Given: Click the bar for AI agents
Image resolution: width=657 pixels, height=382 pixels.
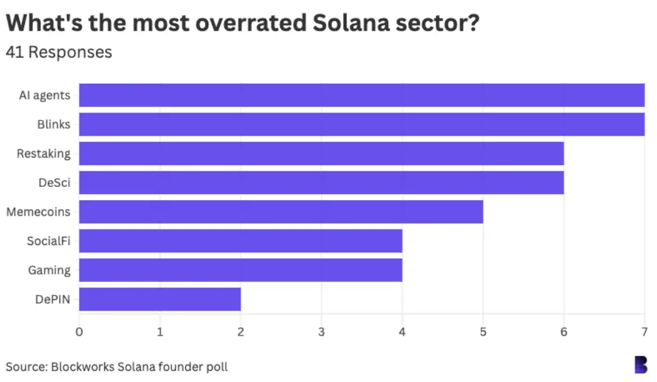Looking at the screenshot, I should click(x=361, y=95).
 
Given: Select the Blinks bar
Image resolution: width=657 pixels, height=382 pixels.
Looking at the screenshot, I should click(x=361, y=124).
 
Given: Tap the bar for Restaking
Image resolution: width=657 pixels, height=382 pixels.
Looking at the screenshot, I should click(x=321, y=153).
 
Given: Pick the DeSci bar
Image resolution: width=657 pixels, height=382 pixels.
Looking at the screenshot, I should click(x=321, y=183).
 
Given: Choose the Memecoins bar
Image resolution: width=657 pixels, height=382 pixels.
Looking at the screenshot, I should click(x=281, y=212).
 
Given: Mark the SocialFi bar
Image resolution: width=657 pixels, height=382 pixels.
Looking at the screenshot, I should click(x=241, y=241).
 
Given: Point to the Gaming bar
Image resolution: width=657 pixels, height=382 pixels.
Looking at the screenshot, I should click(x=241, y=270).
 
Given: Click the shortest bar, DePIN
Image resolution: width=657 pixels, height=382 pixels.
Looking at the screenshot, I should click(x=160, y=299).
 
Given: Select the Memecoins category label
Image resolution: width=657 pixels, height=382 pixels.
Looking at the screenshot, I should click(x=38, y=212).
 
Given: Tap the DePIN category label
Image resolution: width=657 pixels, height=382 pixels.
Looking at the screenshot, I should click(x=53, y=299).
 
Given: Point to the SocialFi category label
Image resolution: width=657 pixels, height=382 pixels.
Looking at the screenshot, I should click(x=48, y=241).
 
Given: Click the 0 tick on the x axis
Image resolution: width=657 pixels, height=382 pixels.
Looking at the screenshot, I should click(x=79, y=331).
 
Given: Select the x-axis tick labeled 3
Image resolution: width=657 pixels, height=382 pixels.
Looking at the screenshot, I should click(x=321, y=331).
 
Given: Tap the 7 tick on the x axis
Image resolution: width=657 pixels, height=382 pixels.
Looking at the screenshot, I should click(x=644, y=331).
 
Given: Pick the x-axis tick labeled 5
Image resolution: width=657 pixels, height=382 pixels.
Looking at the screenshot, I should click(x=483, y=331).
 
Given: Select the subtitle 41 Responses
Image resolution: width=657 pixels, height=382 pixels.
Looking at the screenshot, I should click(x=59, y=52).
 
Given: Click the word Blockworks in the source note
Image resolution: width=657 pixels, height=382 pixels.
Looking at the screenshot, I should click(x=83, y=366).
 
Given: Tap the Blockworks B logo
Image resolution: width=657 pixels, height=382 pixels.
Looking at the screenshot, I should click(x=640, y=364).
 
